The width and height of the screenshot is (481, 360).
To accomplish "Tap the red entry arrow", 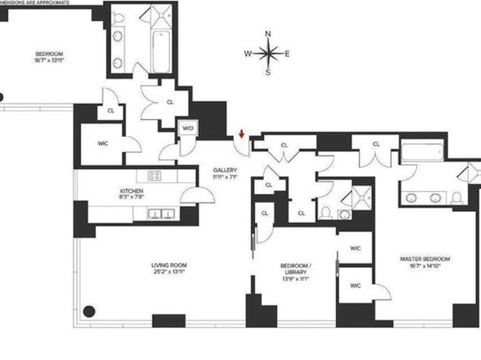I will (240, 134).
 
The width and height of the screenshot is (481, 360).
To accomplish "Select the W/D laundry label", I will (187, 127).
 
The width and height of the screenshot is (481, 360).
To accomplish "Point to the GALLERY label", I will (224, 170).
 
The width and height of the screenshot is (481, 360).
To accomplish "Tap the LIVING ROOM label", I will (168, 265).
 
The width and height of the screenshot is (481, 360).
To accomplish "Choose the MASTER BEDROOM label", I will (424, 259).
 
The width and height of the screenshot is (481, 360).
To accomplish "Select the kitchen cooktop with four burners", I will (154, 176).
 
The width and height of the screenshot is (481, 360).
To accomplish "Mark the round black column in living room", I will (89, 311).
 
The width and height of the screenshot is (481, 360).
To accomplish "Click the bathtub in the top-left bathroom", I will (160, 49).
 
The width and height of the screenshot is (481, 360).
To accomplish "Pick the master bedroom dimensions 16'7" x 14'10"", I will (424, 267).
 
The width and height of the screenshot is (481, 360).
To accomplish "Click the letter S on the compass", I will (268, 73).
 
